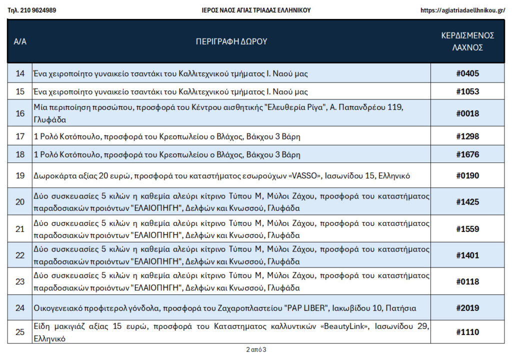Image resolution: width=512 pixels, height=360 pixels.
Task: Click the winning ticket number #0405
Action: point(467,73)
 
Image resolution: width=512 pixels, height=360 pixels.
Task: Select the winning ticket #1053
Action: point(467,91)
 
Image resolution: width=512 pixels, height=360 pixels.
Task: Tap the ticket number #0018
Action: point(467,113)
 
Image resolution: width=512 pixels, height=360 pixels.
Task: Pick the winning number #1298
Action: point(467,136)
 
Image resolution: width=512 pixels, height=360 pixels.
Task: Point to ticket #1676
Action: point(467,154)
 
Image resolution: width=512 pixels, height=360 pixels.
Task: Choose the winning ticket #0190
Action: point(467,175)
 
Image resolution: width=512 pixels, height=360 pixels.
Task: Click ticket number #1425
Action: point(467,202)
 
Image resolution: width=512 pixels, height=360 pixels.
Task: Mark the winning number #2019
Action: point(467,308)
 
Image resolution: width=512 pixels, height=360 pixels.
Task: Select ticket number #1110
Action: point(467,332)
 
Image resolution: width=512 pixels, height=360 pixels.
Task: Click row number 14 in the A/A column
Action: point(20,73)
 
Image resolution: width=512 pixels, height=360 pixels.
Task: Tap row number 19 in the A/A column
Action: point(20,175)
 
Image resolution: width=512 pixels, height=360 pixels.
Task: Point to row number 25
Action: point(20,332)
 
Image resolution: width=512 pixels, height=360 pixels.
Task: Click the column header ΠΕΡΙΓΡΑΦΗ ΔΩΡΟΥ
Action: point(231,41)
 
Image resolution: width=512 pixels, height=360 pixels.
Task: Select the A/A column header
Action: point(20,41)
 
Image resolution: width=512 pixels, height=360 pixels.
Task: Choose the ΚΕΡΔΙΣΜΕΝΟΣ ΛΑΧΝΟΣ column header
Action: point(467,41)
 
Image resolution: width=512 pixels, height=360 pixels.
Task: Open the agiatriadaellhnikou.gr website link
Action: point(462,10)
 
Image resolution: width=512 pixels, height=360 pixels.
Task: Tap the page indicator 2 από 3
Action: point(256,349)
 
